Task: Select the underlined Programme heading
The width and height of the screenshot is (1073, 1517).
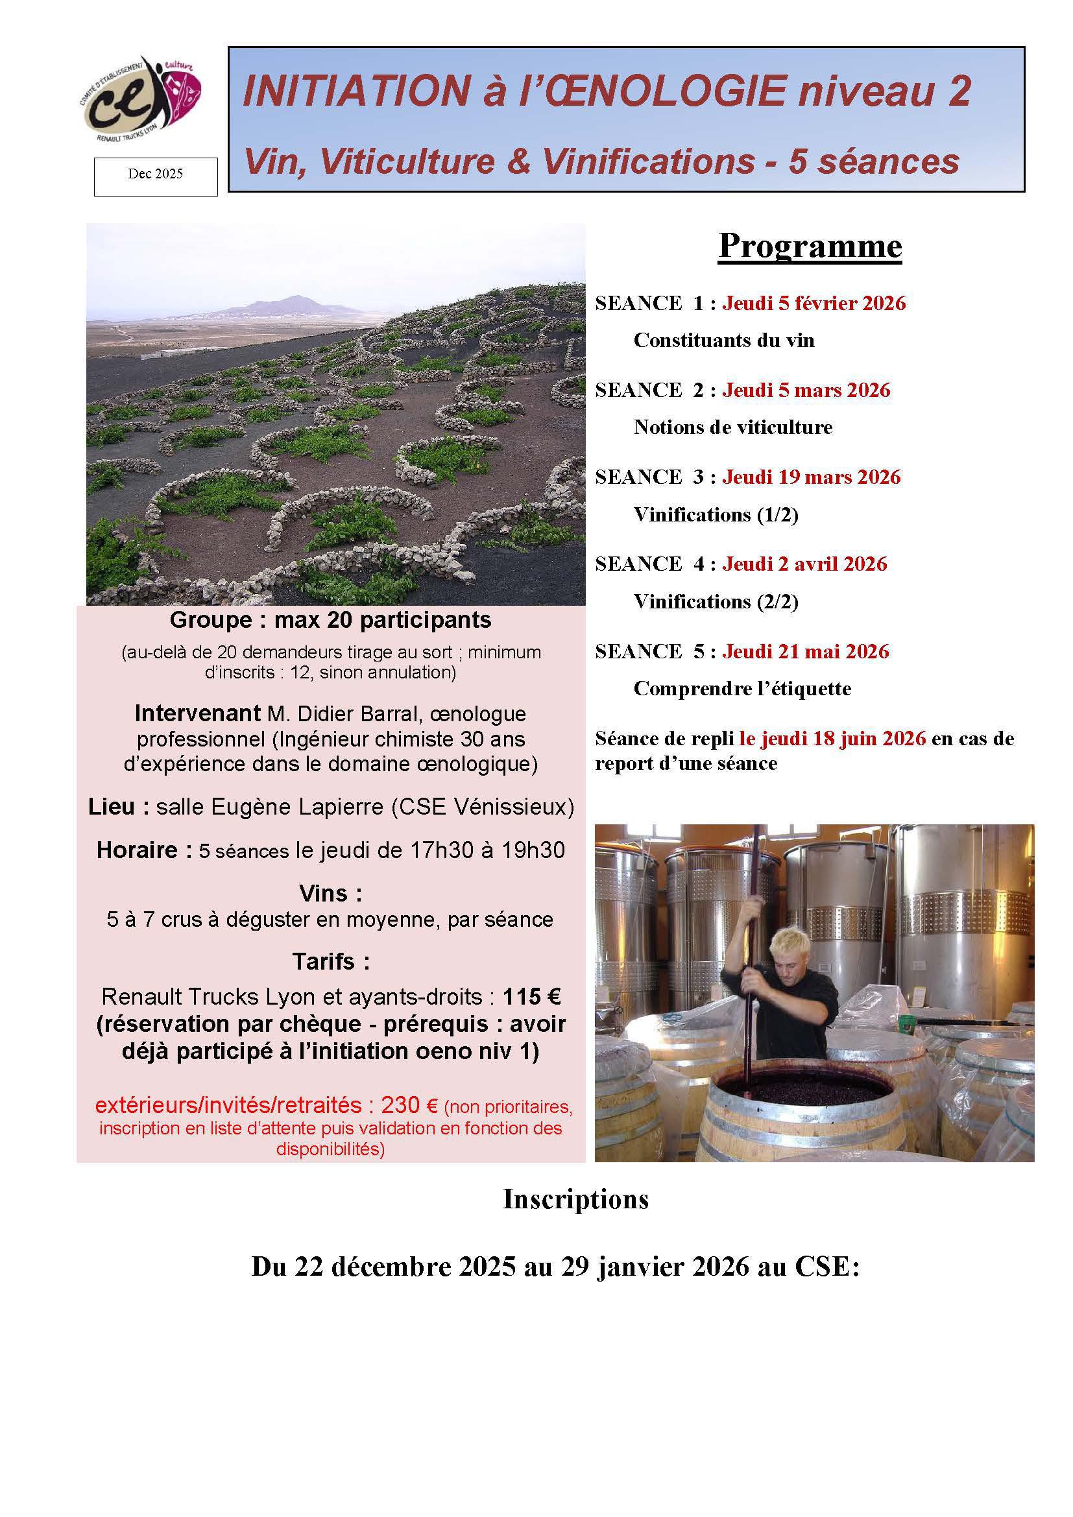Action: pos(810,246)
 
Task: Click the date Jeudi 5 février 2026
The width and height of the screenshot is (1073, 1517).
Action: pos(814,304)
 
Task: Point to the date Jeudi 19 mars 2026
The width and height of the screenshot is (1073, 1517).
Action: pos(811,477)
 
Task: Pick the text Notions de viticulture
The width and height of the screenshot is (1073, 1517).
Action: pos(732,427)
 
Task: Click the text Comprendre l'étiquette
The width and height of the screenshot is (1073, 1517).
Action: pos(742,689)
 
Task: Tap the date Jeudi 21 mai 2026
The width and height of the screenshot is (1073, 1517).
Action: pos(806,651)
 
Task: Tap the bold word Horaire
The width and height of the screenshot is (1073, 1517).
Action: pos(137,850)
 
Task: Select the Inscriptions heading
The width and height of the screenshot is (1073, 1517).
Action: pos(575,1199)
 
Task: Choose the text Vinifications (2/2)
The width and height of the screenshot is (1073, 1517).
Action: pos(716,602)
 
